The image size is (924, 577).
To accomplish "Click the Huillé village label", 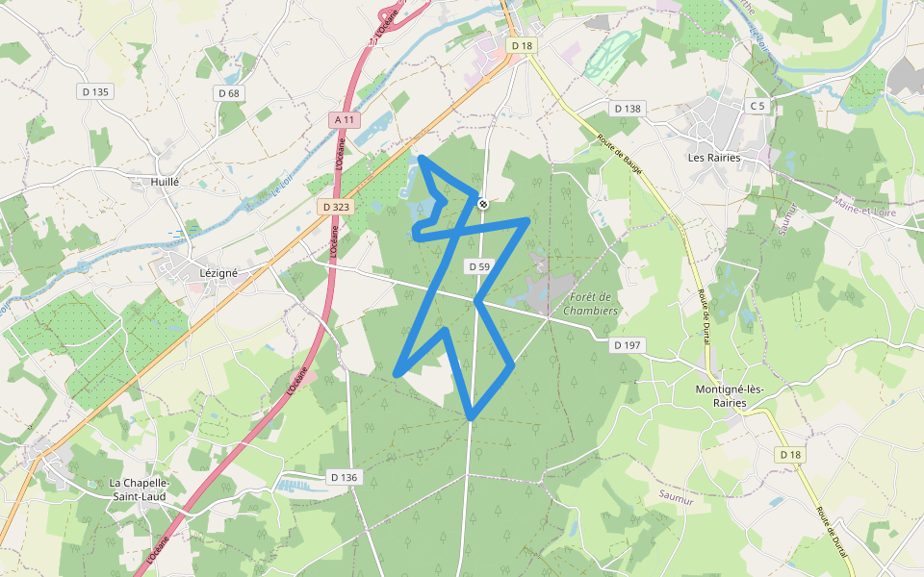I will [x=166, y=181].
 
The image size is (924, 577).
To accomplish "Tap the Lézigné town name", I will [x=218, y=272].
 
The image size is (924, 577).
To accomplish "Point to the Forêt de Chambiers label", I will [x=590, y=304].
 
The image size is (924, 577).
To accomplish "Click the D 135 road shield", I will [x=96, y=91].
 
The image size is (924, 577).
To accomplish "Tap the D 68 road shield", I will [x=229, y=93].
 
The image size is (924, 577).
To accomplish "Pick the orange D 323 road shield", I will [x=335, y=207].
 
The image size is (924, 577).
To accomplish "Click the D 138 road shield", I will [x=627, y=109].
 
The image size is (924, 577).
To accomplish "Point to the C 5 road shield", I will [x=758, y=106].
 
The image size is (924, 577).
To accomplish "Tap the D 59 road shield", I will [x=478, y=266].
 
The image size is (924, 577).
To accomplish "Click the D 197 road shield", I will [x=627, y=344].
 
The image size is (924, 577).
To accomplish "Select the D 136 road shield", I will [x=344, y=477].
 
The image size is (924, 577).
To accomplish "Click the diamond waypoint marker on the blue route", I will [x=483, y=203].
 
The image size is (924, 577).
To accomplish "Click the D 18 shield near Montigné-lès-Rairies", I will [x=790, y=454].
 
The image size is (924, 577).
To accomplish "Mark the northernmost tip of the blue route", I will [x=423, y=156].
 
